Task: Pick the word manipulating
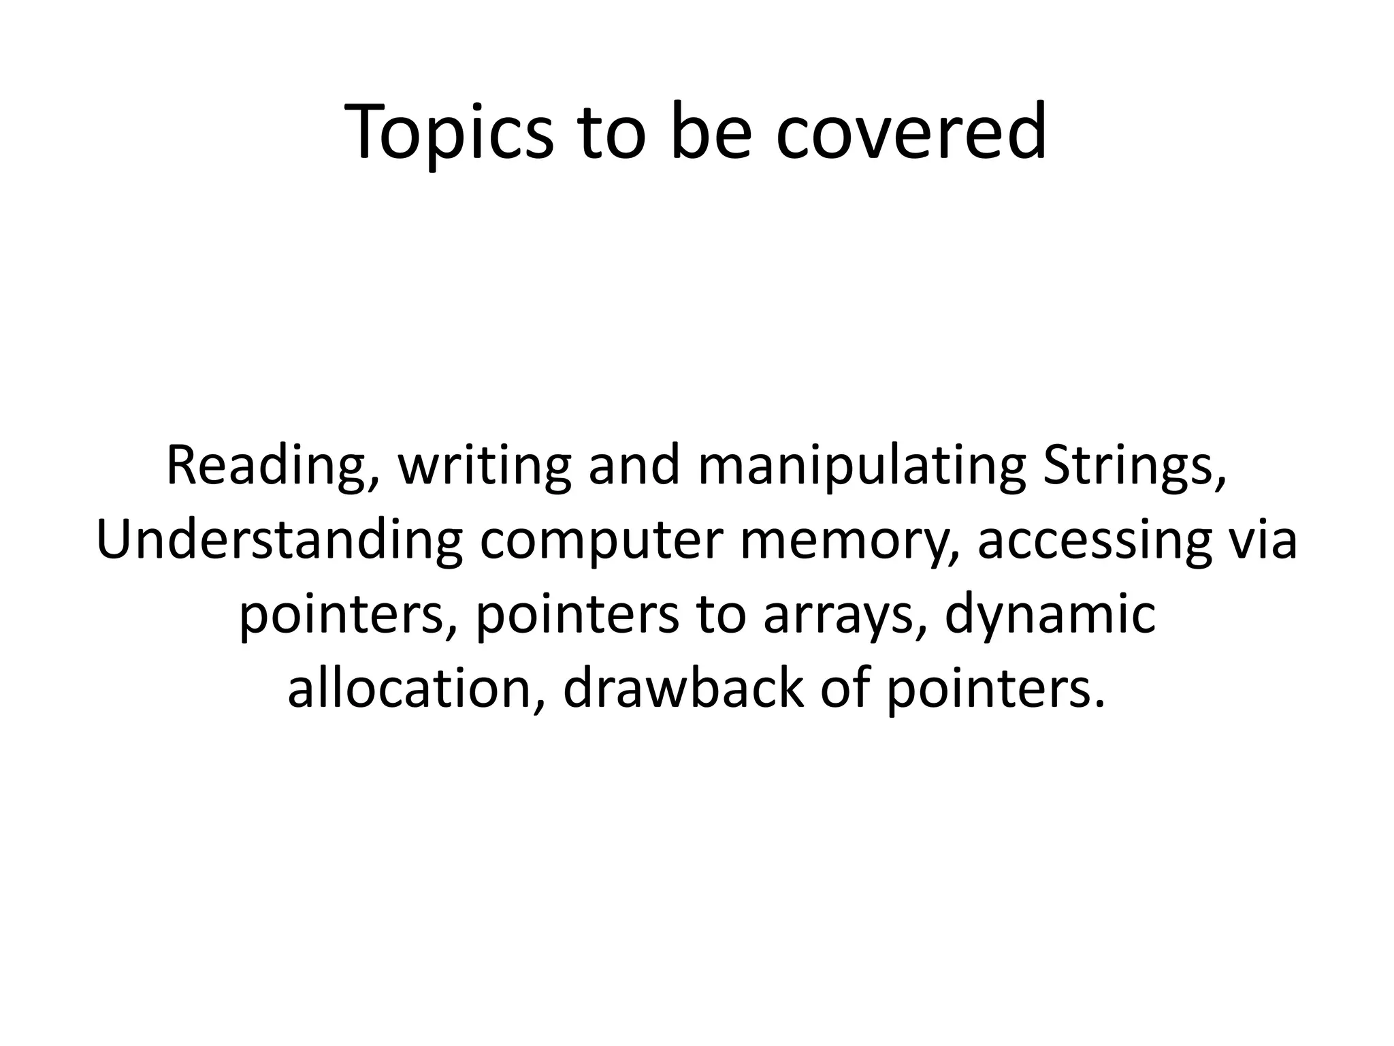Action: pos(862,466)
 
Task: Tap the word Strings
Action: pos(1134,466)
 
